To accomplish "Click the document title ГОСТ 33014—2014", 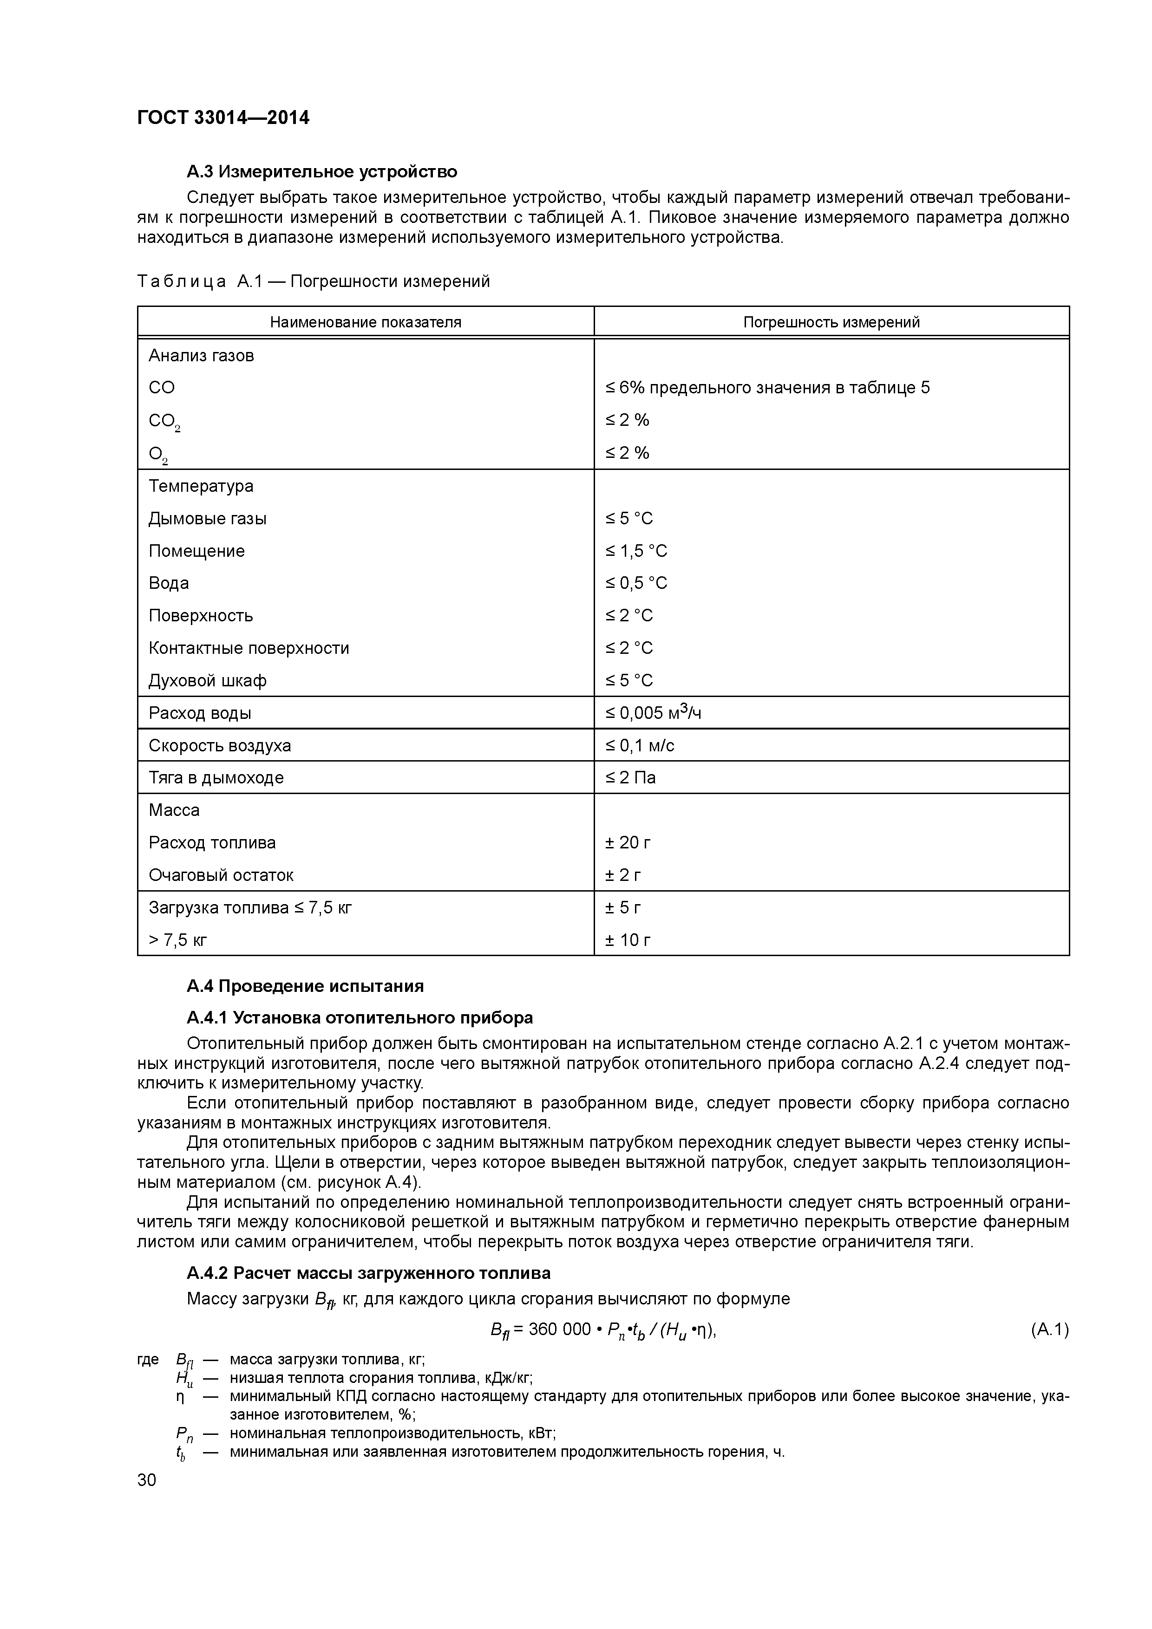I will [223, 118].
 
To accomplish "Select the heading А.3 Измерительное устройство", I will [321, 172].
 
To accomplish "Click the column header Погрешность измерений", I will [831, 322].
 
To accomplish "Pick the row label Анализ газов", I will [201, 355].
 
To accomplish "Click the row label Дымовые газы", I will [207, 519].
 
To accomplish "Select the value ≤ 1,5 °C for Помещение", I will [636, 551].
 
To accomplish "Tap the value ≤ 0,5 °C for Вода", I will [636, 583].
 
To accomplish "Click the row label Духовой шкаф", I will [207, 681].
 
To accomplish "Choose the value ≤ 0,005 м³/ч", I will [653, 713].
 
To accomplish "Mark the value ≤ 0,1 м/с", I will [640, 746].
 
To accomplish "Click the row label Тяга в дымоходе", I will [216, 778].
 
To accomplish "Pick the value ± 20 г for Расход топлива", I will [628, 843].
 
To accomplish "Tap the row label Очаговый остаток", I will [221, 875].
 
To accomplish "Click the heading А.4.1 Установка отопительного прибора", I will [359, 1018].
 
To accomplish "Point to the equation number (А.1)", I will [1049, 1329].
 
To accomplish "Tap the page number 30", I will [147, 1480].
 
